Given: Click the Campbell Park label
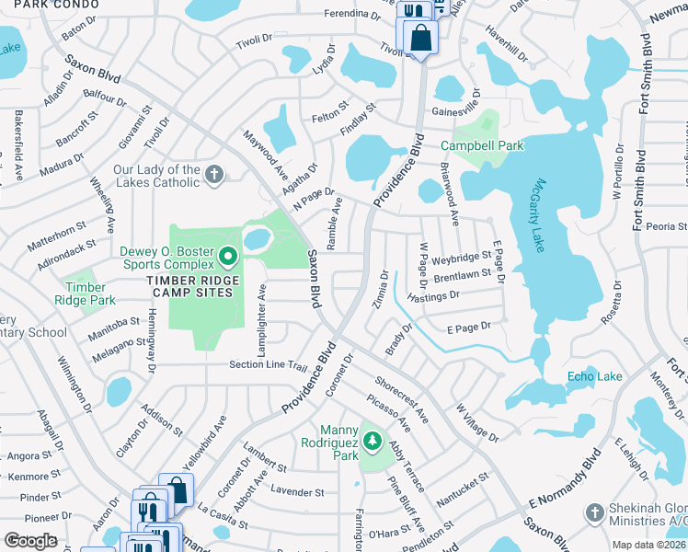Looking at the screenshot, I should [x=482, y=145].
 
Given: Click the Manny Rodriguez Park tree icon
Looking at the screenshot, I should [x=372, y=442].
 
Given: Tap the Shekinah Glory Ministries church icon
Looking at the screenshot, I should [x=595, y=512].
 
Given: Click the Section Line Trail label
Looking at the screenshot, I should [x=268, y=365].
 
